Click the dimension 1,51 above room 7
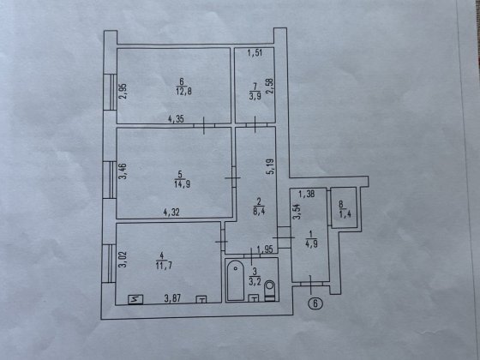tap(254, 56)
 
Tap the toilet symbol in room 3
tap(270, 285)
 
